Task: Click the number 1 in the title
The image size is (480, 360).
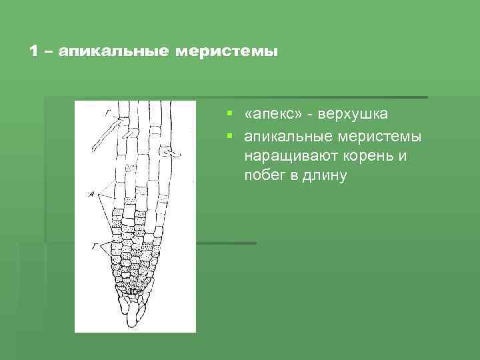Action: click(34, 51)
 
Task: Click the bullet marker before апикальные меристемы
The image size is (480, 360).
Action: click(229, 137)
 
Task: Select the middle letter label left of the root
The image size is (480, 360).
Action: click(91, 194)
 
